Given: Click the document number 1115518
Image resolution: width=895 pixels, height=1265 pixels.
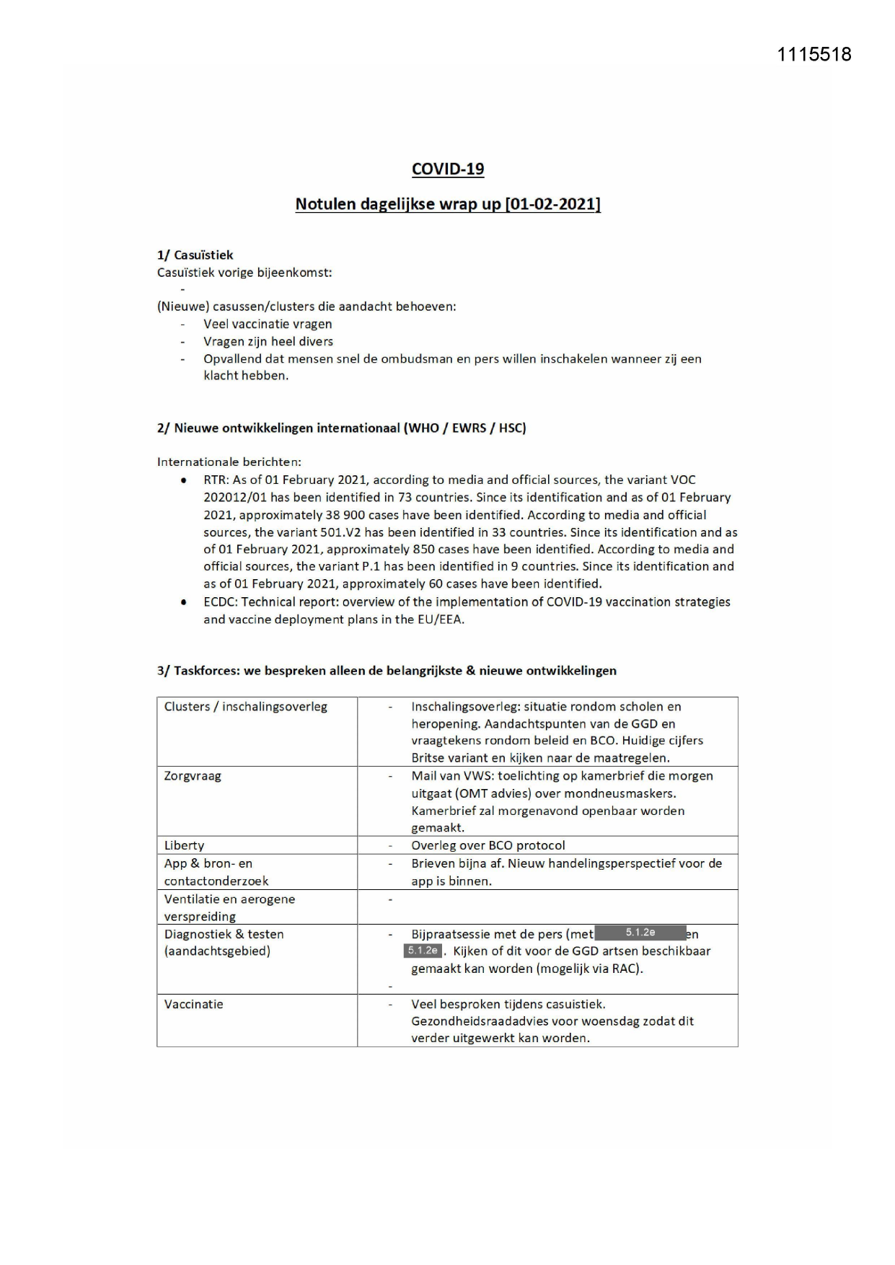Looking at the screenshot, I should tap(814, 54).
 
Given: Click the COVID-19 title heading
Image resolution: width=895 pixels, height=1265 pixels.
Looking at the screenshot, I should tap(448, 169).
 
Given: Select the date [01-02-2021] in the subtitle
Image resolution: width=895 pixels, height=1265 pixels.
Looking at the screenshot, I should tap(552, 204).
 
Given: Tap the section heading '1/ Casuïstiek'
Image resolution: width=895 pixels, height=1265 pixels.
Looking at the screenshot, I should tap(195, 255).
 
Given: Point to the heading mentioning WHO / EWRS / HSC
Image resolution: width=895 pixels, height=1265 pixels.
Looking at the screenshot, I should tap(341, 428).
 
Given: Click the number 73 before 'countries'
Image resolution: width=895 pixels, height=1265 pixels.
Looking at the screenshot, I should tap(405, 498).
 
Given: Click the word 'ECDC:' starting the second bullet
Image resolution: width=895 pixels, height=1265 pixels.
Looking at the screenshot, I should tap(221, 601).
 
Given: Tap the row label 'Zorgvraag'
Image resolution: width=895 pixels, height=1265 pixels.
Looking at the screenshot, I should tap(193, 776).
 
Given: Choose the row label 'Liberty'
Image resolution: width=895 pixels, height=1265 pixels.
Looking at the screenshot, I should tap(184, 845).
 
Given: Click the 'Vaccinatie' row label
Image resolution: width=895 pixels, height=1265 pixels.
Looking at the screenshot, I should tap(193, 1004).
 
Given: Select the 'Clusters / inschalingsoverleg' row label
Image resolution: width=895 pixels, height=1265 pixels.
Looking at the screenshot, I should tap(245, 707).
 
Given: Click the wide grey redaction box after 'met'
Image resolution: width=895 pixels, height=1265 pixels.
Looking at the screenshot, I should tap(640, 933).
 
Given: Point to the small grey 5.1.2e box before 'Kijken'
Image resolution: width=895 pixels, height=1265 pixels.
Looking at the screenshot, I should tap(423, 951).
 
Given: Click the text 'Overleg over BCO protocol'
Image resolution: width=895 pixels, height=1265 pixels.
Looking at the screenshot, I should tap(488, 845).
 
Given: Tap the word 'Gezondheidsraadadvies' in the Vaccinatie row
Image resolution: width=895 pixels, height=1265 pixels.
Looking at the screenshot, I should tap(477, 1021).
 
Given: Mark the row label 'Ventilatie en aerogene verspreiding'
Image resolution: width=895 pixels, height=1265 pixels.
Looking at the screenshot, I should tap(229, 907).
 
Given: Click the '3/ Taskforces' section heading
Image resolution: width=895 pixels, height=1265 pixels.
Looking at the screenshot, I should tap(387, 671).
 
